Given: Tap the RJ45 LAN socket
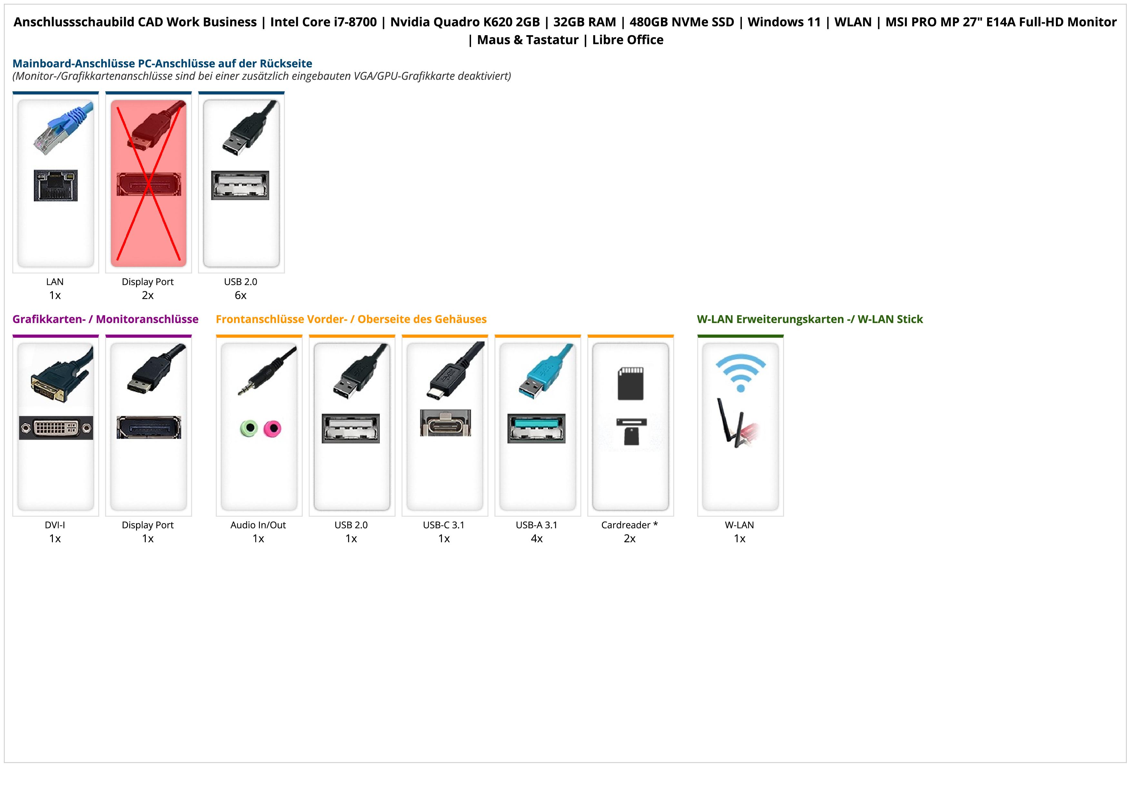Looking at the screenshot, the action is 56,185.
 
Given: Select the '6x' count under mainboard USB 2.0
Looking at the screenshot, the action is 241,295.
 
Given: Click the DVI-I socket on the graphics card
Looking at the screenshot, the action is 56,428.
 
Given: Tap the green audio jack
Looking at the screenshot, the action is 249,428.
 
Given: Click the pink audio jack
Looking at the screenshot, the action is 272,428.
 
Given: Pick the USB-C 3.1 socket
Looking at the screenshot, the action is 445,423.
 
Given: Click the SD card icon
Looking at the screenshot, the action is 631,383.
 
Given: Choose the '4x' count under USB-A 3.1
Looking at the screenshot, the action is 536,539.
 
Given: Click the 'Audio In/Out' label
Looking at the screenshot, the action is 258,525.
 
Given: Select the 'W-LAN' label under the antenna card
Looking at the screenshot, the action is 739,525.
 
